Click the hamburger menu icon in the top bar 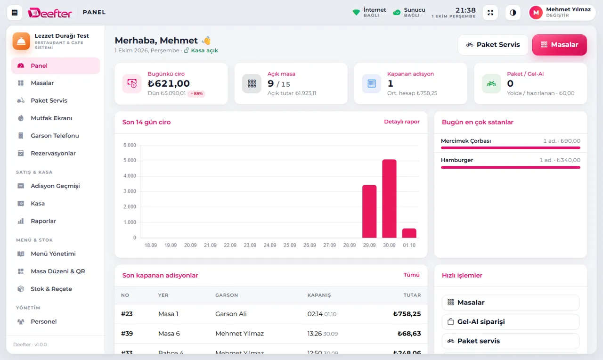point(15,12)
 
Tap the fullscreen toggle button point(490,13)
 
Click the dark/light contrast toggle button point(513,13)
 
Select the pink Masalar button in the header point(559,45)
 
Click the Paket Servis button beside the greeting point(493,45)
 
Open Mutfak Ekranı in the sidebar point(51,118)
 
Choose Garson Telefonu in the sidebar point(55,135)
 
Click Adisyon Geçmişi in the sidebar point(55,186)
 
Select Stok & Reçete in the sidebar point(51,289)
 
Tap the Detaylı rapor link point(402,122)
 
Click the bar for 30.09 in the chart point(389,198)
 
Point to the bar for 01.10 point(409,233)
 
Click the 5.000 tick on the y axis point(130,160)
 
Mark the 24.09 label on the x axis point(270,245)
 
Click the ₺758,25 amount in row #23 point(407,314)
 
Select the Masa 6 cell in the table point(169,333)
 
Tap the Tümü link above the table point(411,275)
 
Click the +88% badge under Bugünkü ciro point(196,93)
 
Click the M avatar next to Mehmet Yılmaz point(536,12)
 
